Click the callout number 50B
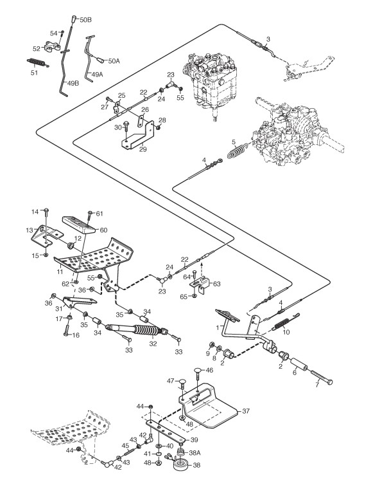coord(85,20)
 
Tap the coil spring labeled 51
coord(38,62)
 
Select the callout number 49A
coord(96,74)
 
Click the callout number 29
coord(143,149)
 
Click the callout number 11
coord(60,272)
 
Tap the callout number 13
coord(30,230)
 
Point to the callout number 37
coord(246,411)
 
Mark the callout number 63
coord(216,284)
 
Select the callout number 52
coord(37,49)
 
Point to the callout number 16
coord(76,335)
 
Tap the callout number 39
coord(194,439)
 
